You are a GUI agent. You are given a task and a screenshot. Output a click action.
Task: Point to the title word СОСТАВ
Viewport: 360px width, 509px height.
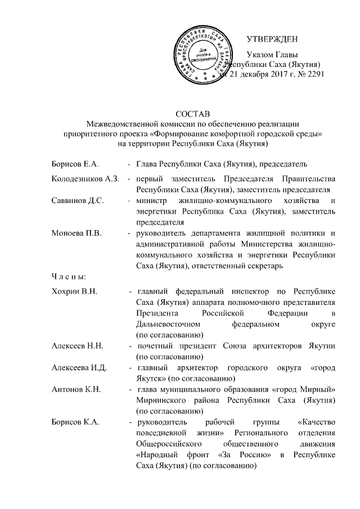(x=191, y=115)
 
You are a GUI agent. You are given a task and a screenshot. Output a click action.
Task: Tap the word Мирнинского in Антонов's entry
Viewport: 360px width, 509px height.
(x=163, y=400)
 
